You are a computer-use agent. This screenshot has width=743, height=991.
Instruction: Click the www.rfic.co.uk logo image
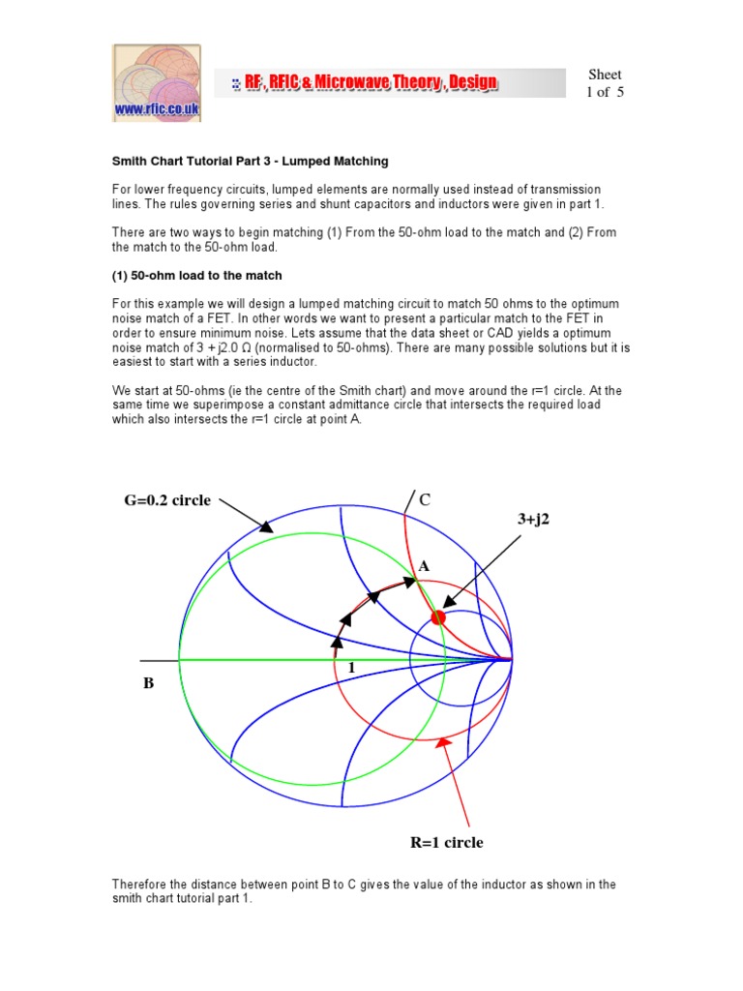point(157,83)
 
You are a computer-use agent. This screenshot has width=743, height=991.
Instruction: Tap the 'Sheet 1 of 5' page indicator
point(605,83)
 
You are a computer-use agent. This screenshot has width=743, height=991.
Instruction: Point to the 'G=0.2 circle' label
point(166,500)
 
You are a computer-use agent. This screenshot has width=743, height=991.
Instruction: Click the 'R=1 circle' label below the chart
point(447,842)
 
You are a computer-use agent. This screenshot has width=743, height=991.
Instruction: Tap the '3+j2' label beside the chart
point(539,520)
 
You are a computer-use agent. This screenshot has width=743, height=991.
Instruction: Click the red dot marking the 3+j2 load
point(437,616)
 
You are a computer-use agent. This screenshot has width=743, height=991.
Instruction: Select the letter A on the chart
point(423,566)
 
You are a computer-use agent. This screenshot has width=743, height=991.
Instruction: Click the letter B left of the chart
point(148,683)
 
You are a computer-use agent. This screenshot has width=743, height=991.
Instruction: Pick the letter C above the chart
point(424,499)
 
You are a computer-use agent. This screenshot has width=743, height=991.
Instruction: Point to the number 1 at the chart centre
point(351,669)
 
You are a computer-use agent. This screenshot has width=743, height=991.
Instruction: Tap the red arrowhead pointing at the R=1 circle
point(444,743)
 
